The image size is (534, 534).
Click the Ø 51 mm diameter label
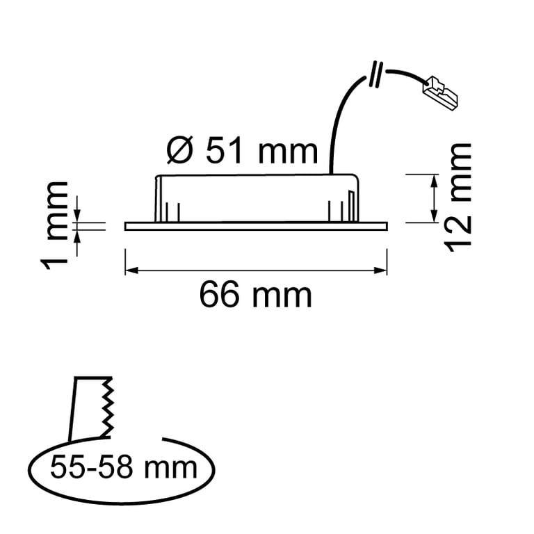pyautogui.click(x=243, y=149)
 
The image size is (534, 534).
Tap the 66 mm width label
pyautogui.click(x=255, y=296)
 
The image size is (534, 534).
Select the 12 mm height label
pyautogui.click(x=459, y=197)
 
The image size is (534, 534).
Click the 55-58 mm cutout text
pyautogui.click(x=124, y=467)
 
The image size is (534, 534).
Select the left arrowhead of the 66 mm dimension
pyautogui.click(x=129, y=270)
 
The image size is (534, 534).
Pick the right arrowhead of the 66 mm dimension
pyautogui.click(x=382, y=270)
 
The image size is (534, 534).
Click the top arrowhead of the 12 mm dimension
pyautogui.click(x=434, y=180)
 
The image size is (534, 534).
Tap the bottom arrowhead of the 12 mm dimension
pyautogui.click(x=434, y=217)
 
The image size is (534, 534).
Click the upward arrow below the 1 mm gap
pyautogui.click(x=78, y=234)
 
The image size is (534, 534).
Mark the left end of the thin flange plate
pyautogui.click(x=127, y=225)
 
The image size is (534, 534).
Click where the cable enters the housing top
pyautogui.click(x=330, y=172)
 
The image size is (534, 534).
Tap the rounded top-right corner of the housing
pyautogui.click(x=358, y=179)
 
